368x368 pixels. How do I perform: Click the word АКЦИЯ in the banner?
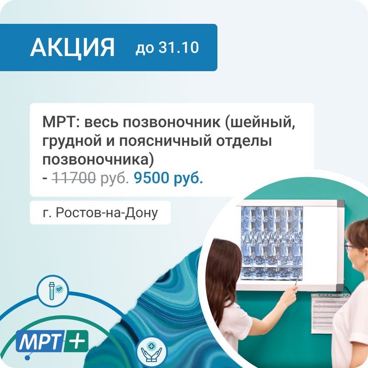pyautogui.click(x=72, y=47)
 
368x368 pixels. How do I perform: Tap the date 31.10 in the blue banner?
pyautogui.click(x=178, y=47)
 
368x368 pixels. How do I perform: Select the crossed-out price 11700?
pyautogui.click(x=74, y=178)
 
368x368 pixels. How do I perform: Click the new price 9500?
pyautogui.click(x=151, y=178)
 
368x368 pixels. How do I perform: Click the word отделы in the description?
pyautogui.click(x=244, y=141)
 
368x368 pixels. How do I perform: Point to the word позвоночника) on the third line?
pyautogui.click(x=98, y=160)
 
